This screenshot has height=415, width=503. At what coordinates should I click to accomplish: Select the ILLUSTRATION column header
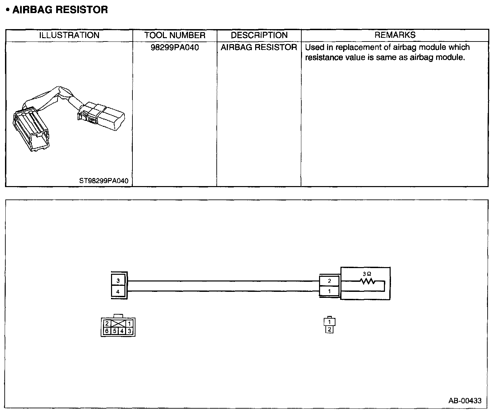[69, 35]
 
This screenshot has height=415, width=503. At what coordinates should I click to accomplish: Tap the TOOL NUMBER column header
[175, 35]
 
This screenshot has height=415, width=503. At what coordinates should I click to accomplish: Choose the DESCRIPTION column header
[259, 35]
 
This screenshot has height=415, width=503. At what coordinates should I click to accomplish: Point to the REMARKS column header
[395, 35]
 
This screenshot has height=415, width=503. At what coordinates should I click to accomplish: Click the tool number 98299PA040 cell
[175, 48]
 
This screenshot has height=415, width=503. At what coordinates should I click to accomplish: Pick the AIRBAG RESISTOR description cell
[259, 48]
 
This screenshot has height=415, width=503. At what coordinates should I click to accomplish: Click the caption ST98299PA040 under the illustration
[104, 181]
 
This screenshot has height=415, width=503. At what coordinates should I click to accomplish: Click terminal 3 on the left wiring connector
[118, 281]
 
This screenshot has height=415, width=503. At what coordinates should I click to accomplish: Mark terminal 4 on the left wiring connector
[118, 292]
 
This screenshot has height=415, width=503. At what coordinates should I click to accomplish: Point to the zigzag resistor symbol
[367, 281]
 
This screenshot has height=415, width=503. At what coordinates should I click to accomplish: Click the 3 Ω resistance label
[367, 274]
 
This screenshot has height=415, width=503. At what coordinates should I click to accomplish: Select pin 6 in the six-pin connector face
[107, 331]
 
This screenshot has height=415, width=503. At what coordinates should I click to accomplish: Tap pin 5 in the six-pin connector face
[114, 331]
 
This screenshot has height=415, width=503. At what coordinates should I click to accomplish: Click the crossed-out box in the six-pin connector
[118, 324]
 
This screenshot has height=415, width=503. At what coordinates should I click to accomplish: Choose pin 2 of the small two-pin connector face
[329, 330]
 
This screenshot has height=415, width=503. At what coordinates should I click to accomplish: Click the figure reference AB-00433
[465, 401]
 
